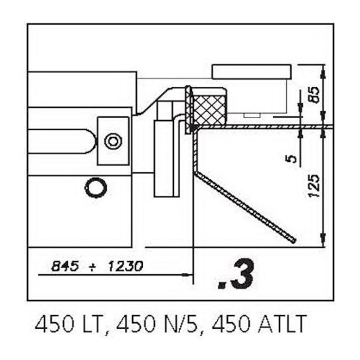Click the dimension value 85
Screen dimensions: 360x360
tap(314, 95)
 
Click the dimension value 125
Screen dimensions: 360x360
tap(314, 186)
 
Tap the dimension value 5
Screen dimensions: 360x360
tap(291, 159)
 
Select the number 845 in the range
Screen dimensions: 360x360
tap(65, 266)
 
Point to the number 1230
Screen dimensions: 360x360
tap(126, 266)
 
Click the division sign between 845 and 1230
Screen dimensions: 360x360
tap(92, 267)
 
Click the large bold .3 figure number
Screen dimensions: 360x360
tap(236, 274)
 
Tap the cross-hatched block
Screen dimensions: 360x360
tap(209, 110)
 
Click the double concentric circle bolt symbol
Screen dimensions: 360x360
tap(113, 141)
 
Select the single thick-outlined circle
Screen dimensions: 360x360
tap(96, 187)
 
